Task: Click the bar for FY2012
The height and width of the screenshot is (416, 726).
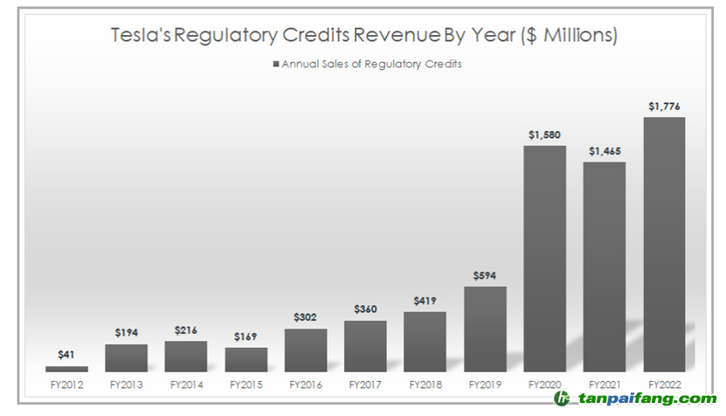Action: click(66, 369)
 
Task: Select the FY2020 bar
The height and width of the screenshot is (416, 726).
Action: click(544, 259)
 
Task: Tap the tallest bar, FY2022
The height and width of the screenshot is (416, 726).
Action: click(664, 245)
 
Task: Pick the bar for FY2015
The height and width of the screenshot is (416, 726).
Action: click(245, 359)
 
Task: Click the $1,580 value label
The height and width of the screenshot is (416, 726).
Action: click(544, 135)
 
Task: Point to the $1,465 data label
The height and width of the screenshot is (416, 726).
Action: click(605, 151)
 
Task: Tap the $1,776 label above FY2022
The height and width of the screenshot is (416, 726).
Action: click(664, 107)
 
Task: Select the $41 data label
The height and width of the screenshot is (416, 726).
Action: click(66, 355)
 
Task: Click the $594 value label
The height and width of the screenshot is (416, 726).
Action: click(485, 276)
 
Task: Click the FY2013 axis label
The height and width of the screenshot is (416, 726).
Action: click(127, 384)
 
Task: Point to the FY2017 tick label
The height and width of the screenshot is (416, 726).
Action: click(365, 384)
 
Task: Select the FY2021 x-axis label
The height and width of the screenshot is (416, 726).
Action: click(605, 384)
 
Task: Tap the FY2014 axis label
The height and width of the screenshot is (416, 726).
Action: click(186, 384)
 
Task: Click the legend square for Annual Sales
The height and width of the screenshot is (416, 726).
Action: click(276, 64)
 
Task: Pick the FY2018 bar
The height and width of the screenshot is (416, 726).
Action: click(425, 342)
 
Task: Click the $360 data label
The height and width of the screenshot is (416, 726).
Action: click(365, 309)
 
